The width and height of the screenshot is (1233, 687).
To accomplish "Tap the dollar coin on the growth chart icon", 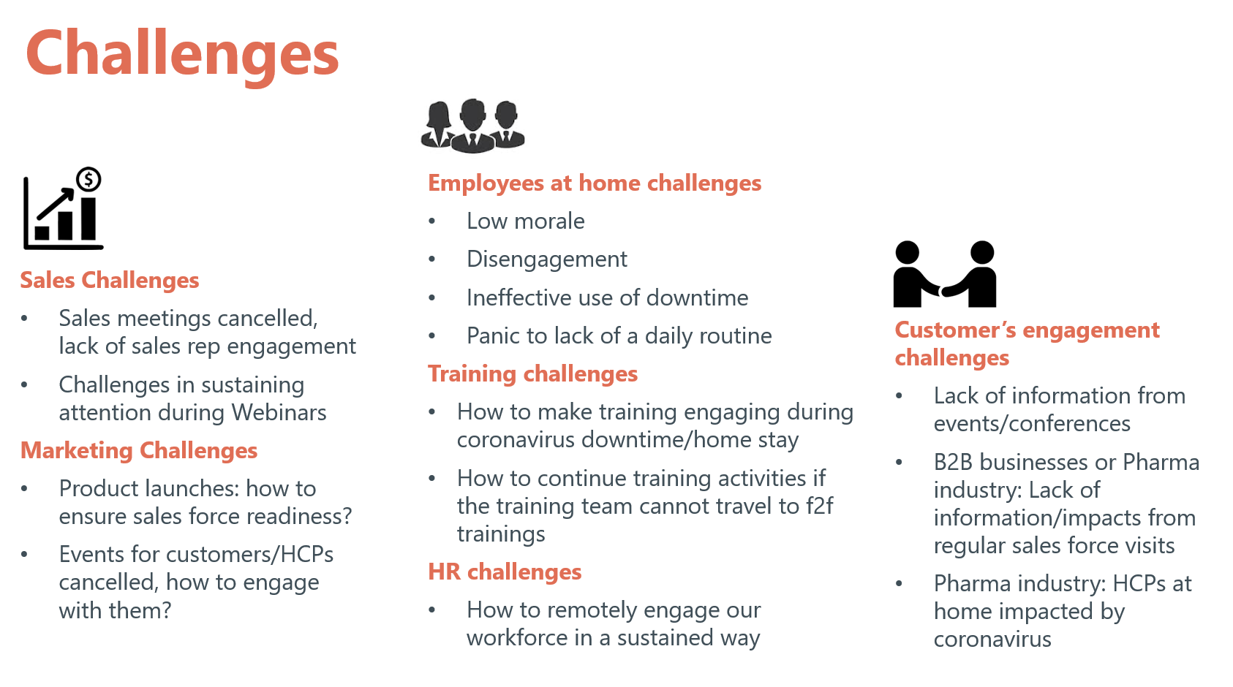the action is (x=88, y=179).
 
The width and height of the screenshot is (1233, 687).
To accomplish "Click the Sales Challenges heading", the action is (x=110, y=280).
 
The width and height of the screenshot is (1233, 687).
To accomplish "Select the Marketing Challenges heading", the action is (x=139, y=450).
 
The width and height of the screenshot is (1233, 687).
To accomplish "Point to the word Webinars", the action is (x=279, y=412).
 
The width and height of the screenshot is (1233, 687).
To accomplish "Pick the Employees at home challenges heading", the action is (x=595, y=183).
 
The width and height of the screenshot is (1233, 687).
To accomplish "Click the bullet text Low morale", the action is (x=526, y=221).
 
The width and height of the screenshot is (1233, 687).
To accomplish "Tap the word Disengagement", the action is (x=546, y=259).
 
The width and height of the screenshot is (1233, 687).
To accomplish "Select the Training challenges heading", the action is (x=533, y=374).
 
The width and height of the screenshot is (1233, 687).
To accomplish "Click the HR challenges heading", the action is (x=505, y=572).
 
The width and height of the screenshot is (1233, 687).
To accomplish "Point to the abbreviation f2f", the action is (x=820, y=506).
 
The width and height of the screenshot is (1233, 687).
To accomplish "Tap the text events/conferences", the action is (x=1032, y=424).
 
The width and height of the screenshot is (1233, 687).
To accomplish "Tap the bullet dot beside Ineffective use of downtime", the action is (x=432, y=298).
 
